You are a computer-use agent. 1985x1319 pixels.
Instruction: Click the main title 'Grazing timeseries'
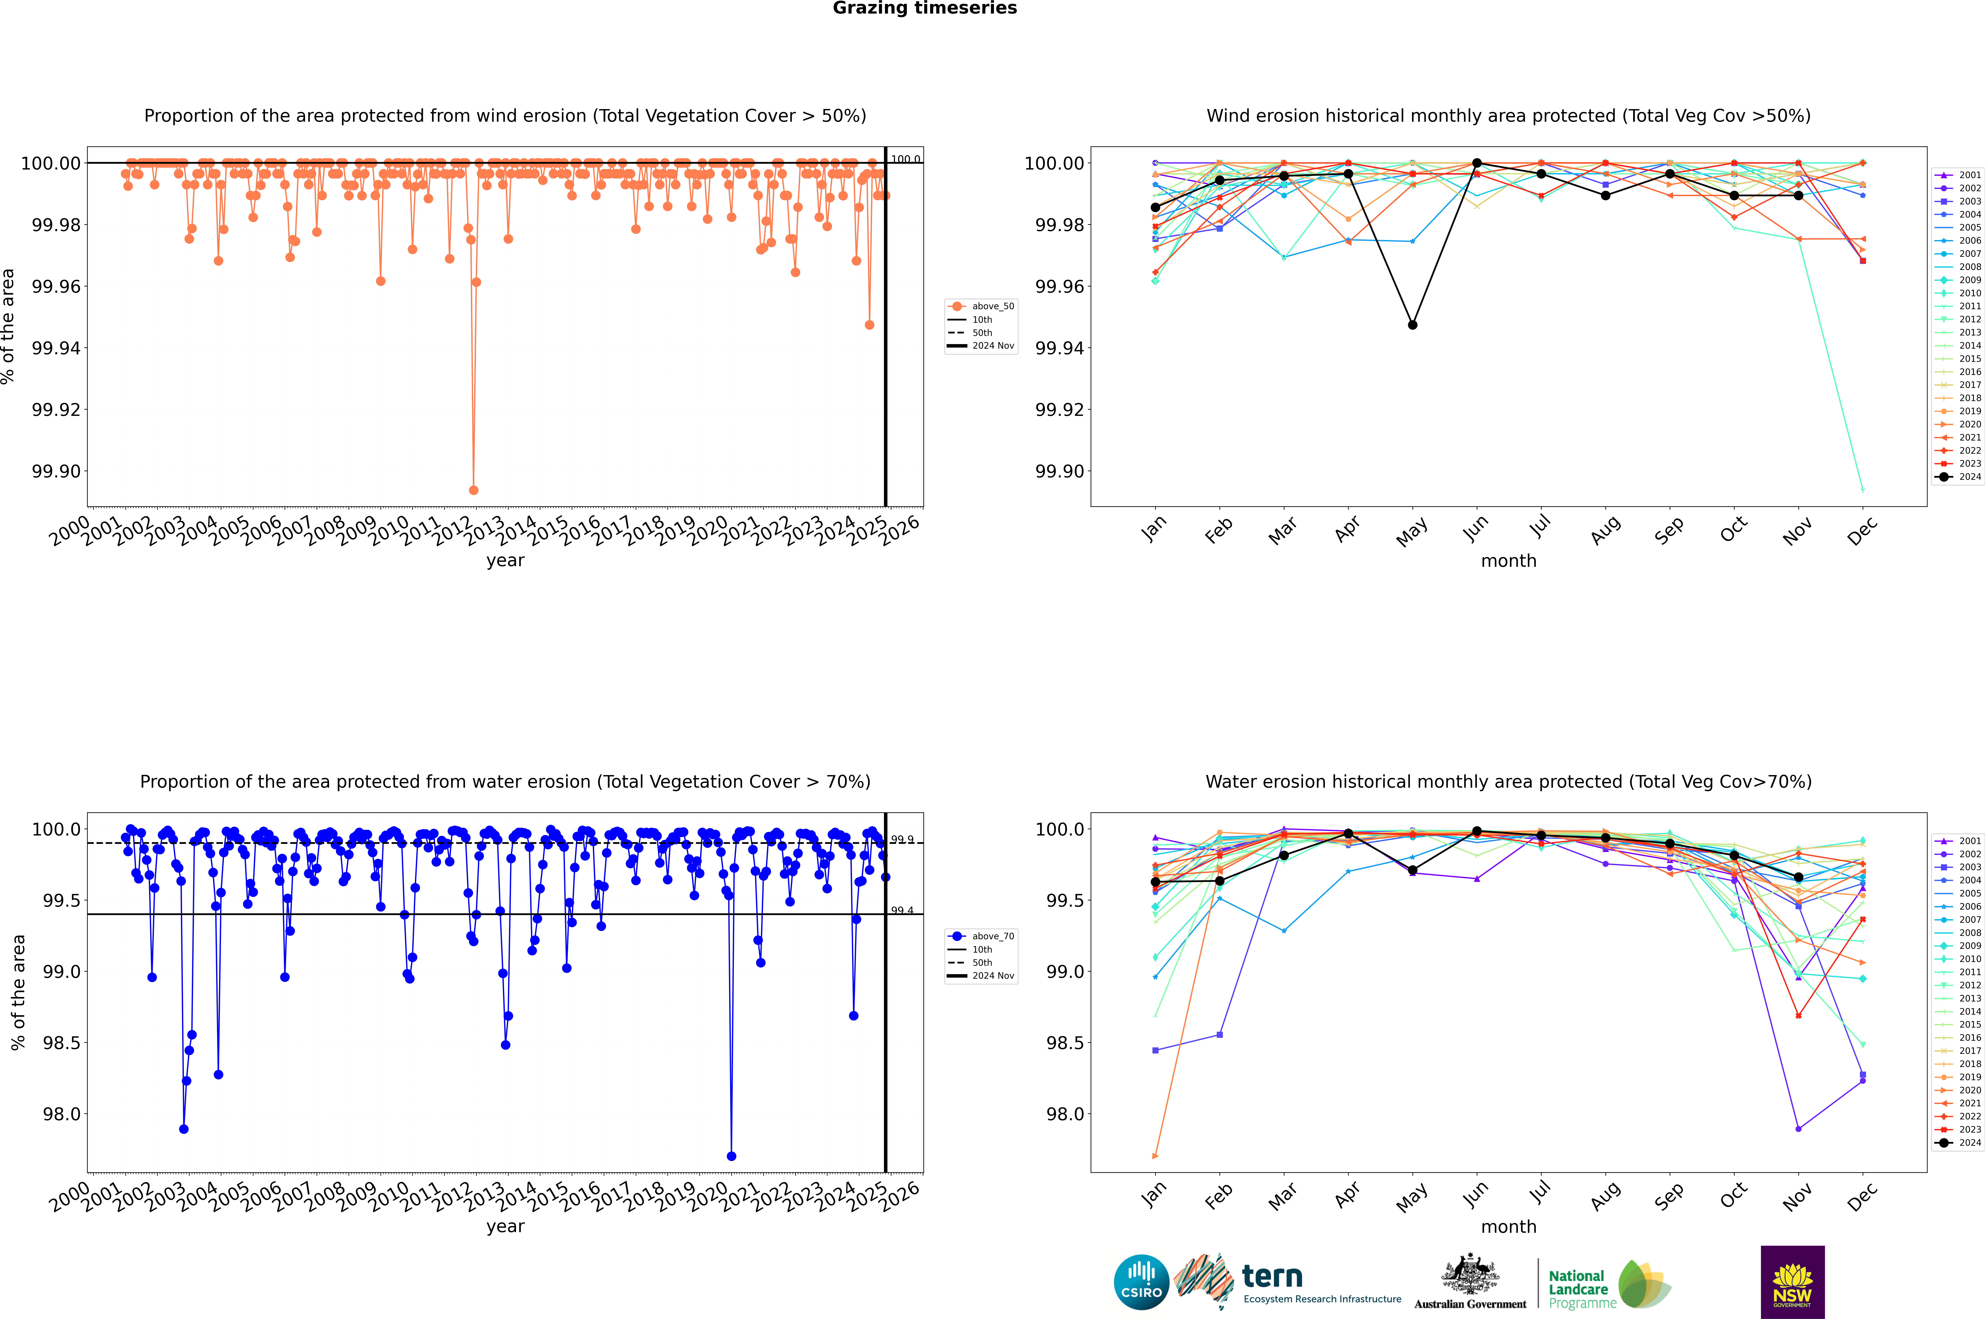tap(925, 8)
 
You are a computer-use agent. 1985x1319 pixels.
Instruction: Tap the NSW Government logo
tap(1792, 1282)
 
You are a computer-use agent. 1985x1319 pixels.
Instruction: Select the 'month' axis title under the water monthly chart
tap(1509, 1227)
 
